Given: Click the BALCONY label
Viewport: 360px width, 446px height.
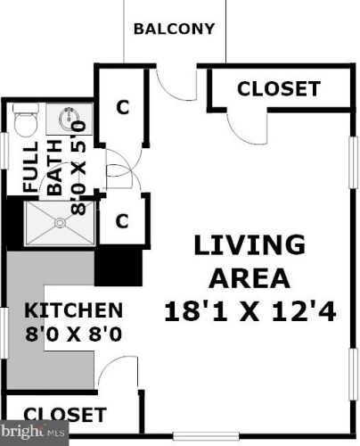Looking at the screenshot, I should (174, 29).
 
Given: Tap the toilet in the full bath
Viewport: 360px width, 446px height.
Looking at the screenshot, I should (24, 118).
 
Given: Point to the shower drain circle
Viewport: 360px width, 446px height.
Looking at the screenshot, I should (60, 222).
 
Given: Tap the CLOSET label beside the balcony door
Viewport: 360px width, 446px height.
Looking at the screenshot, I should (278, 89).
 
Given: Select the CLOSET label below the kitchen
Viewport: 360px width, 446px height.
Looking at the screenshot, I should (64, 416).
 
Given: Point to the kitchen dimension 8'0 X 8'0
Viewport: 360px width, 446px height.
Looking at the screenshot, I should (73, 337).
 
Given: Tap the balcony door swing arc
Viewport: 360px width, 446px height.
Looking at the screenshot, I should (171, 85).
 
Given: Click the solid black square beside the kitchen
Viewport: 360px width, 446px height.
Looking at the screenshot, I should (118, 265).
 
